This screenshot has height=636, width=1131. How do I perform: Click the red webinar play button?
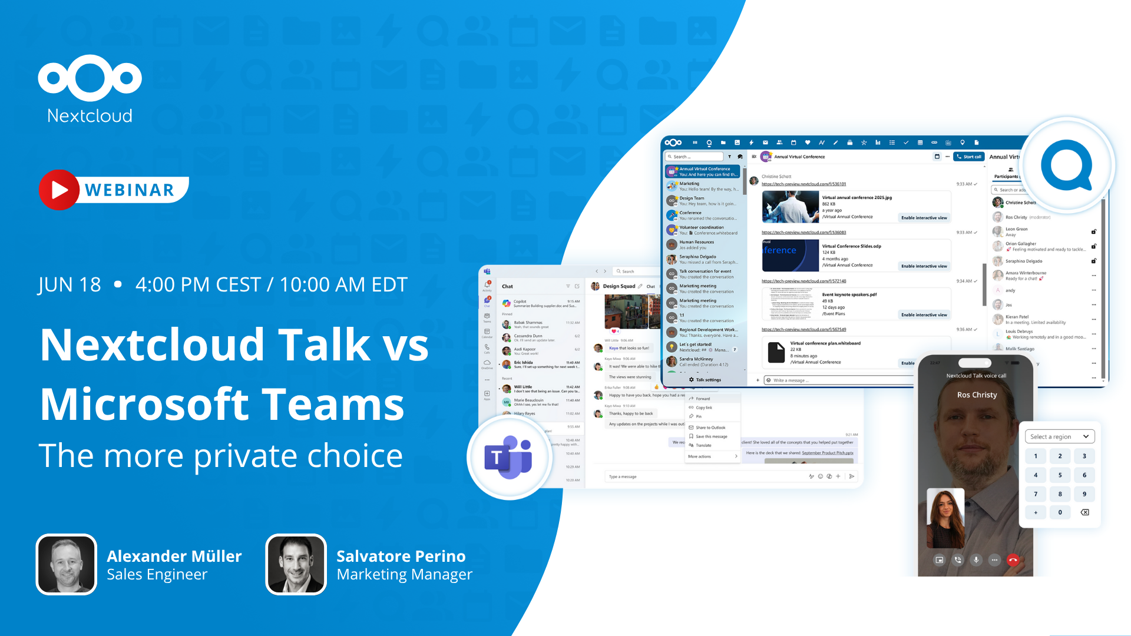[59, 190]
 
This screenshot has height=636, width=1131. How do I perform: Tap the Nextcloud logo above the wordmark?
[90, 77]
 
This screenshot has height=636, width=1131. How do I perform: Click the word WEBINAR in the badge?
[130, 190]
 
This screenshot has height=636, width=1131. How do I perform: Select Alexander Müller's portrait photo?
[67, 564]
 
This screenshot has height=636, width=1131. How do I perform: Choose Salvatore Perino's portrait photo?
[296, 564]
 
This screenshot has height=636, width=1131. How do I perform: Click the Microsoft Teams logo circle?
[509, 458]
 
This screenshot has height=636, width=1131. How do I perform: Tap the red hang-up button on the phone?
[1013, 560]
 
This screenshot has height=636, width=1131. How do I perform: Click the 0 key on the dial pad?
[1060, 512]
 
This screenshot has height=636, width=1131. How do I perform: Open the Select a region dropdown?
[1060, 436]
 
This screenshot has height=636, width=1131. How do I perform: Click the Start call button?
[969, 157]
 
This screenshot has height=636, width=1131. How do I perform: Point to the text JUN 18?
[70, 285]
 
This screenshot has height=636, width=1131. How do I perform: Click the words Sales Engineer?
[157, 574]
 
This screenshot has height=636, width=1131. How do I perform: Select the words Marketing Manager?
[404, 574]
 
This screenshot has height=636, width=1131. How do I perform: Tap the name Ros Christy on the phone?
[977, 395]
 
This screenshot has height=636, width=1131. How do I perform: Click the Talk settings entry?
[705, 380]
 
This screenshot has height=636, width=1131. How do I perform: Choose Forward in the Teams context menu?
[703, 399]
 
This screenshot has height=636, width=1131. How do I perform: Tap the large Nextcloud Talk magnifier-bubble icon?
[1067, 165]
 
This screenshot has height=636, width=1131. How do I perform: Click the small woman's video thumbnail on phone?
[945, 518]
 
